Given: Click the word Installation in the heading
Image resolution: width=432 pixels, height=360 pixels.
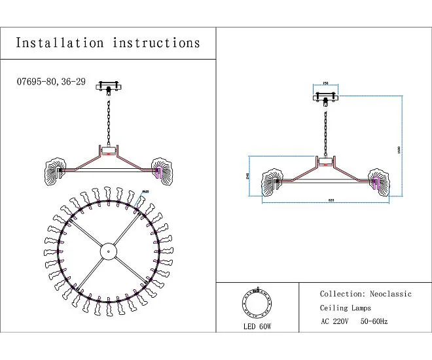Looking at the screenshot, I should point(60,43).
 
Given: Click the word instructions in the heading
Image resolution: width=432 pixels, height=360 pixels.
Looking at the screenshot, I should point(156,43).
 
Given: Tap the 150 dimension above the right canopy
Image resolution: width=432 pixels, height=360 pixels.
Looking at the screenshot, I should point(325,84).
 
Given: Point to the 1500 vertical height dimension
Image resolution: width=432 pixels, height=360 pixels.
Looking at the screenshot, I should point(398,150).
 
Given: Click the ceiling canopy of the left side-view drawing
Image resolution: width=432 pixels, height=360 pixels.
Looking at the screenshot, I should point(109,86).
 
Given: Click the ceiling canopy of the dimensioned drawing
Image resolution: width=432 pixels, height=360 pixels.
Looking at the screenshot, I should point(325,99).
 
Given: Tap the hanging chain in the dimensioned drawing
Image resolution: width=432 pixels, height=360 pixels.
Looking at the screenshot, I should point(325,131).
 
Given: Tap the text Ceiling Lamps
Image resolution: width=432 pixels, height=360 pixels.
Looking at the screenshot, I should point(345,308).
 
